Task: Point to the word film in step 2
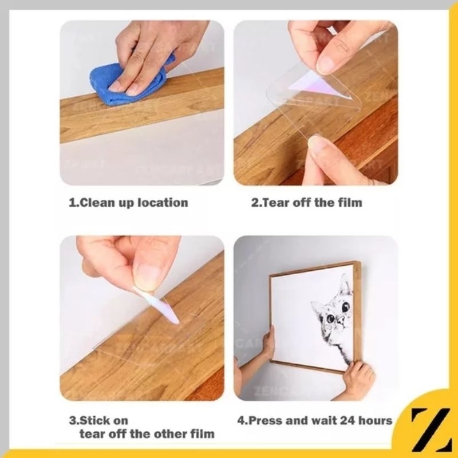click(x=350, y=203)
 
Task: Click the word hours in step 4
click(x=376, y=421)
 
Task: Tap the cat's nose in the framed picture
click(x=341, y=319)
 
